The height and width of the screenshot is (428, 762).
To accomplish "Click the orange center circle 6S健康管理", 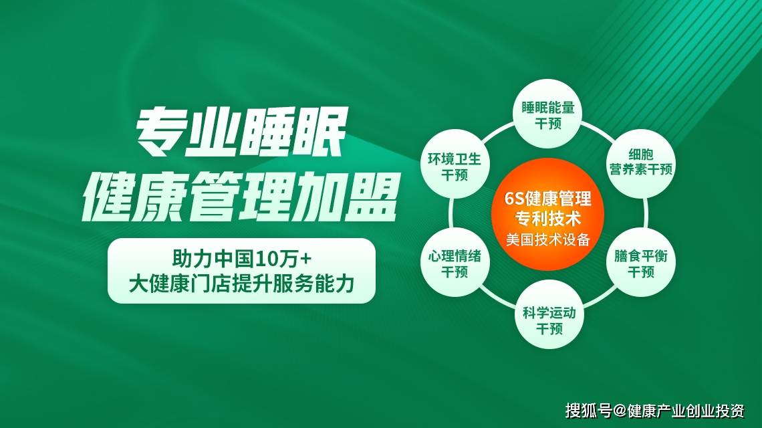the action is coord(547,215).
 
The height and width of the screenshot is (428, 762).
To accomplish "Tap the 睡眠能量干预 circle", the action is coord(547,113).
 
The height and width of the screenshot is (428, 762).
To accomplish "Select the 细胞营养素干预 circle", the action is coord(641,163).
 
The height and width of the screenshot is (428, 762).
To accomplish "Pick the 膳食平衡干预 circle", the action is coord(641,263).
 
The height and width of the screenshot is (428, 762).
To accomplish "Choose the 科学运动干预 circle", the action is coord(549,314).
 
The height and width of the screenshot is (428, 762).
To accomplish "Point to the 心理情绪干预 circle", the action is coord(455,263).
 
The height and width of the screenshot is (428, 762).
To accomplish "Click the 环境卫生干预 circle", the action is coord(455,164).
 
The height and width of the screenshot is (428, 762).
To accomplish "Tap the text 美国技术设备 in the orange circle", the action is coord(547,240).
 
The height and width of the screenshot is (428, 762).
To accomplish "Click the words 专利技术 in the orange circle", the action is coord(547,219).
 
